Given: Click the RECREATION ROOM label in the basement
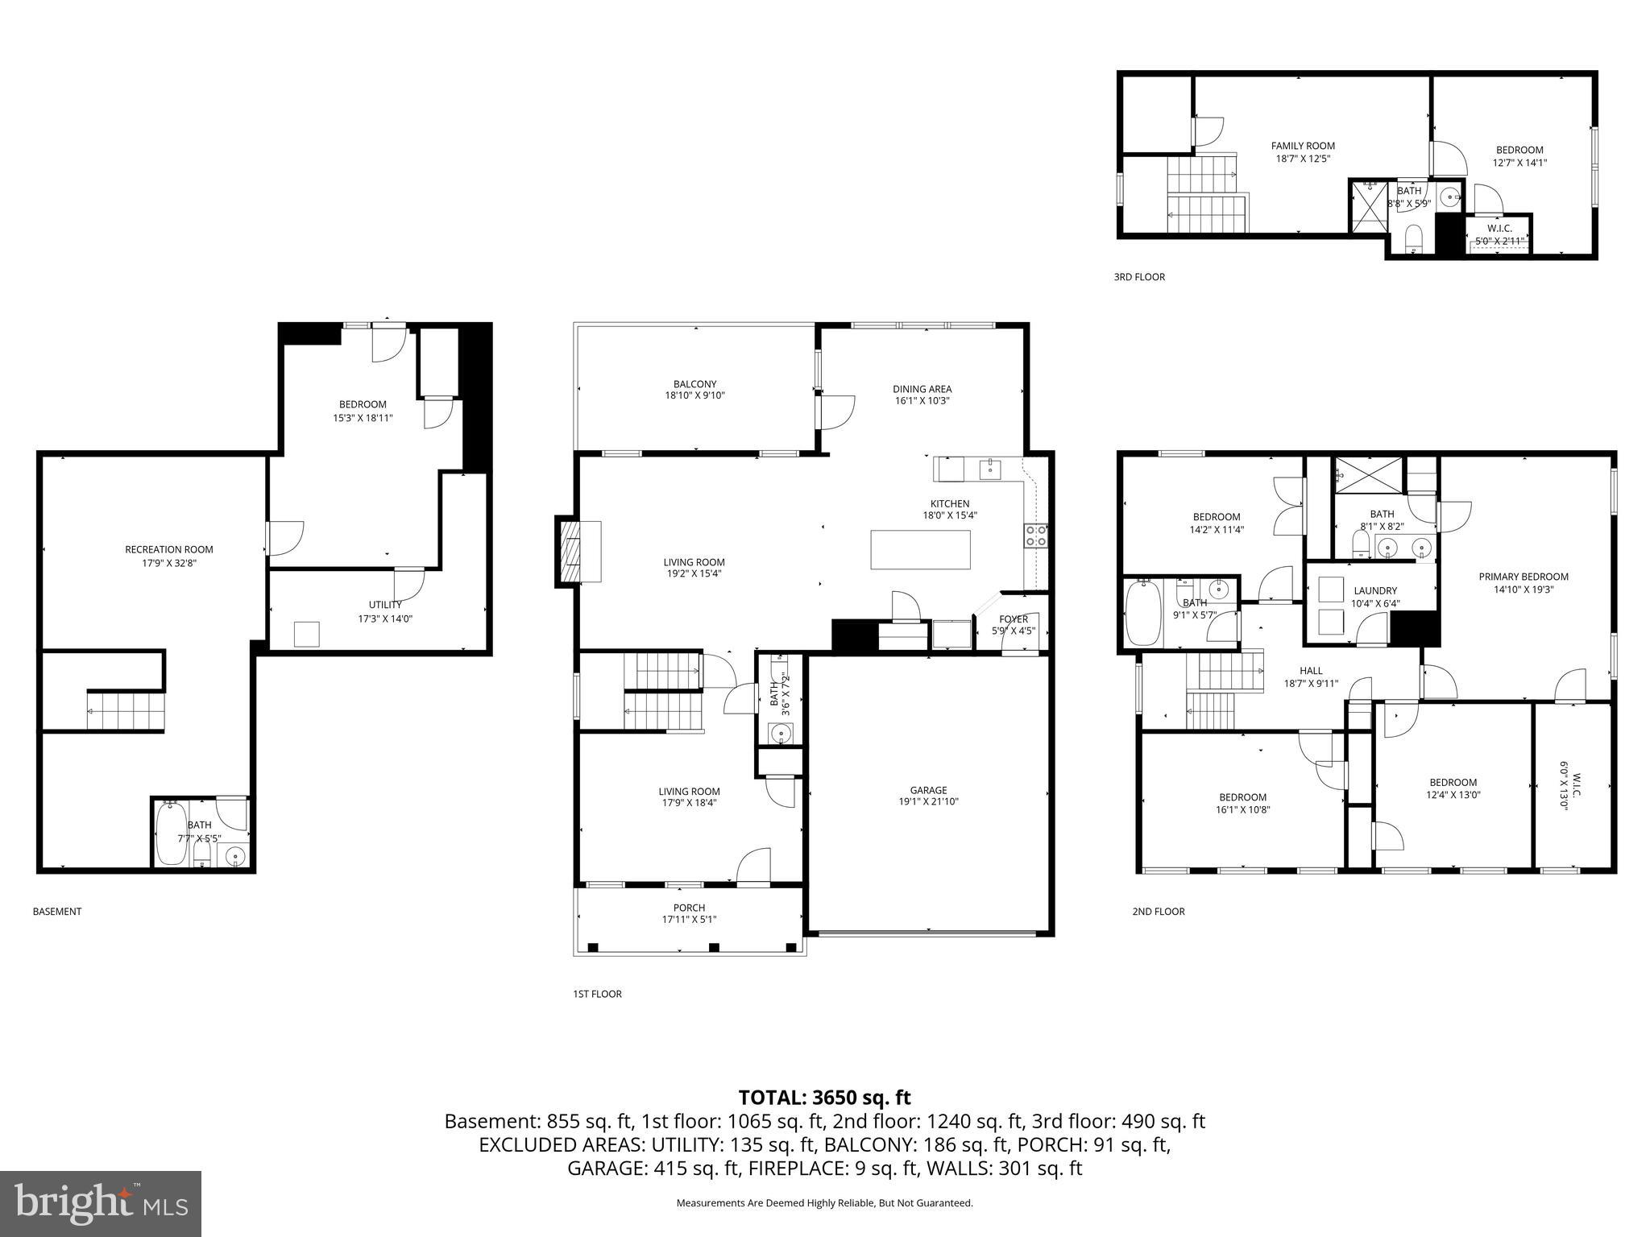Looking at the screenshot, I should point(168,549).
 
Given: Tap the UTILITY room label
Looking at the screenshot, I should point(384,605).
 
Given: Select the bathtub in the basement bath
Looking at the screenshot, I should point(171,834).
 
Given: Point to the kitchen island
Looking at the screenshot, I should point(920,550).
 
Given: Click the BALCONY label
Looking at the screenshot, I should point(694,384).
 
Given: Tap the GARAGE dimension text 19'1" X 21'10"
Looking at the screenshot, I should point(928,801).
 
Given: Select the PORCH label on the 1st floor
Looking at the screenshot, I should point(689,908).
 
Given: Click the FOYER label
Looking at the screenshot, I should point(1013,619).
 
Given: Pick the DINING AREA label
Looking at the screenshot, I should point(922,389).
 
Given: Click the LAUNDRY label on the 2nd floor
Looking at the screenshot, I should point(1375,590).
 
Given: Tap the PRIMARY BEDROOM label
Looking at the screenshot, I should point(1523,577).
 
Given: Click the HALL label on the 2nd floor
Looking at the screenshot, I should point(1311,670).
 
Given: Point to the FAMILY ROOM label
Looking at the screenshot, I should point(1303,146).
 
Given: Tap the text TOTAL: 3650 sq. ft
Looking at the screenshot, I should point(824,1097).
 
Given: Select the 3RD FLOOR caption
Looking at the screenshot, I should point(1138,277).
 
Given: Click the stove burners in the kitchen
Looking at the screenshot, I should point(1035,536).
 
